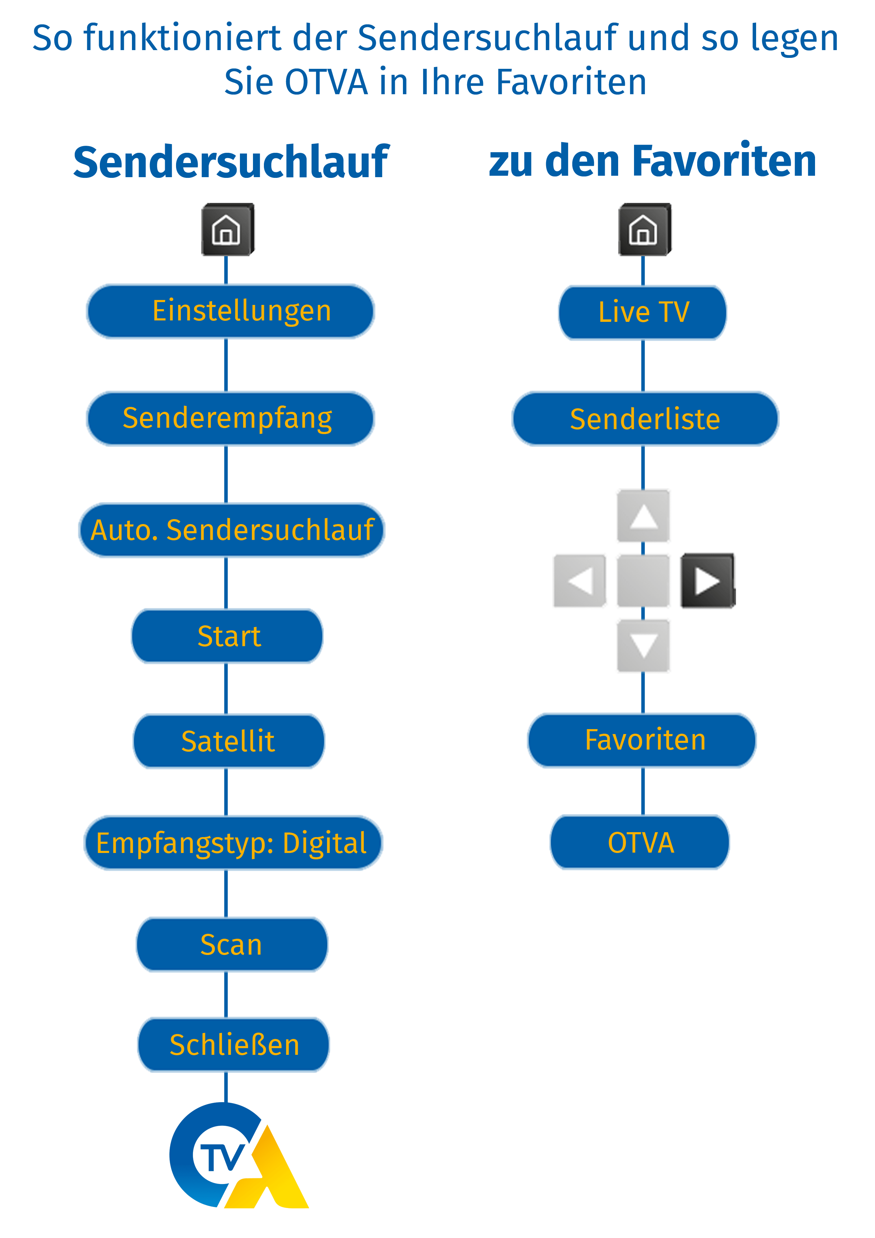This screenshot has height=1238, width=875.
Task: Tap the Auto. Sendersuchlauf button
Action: (232, 530)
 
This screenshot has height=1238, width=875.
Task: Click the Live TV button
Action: (642, 313)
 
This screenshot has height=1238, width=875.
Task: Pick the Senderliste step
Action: (645, 419)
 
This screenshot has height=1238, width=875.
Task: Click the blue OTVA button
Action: (640, 843)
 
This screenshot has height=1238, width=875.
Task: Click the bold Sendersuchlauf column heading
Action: (231, 162)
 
